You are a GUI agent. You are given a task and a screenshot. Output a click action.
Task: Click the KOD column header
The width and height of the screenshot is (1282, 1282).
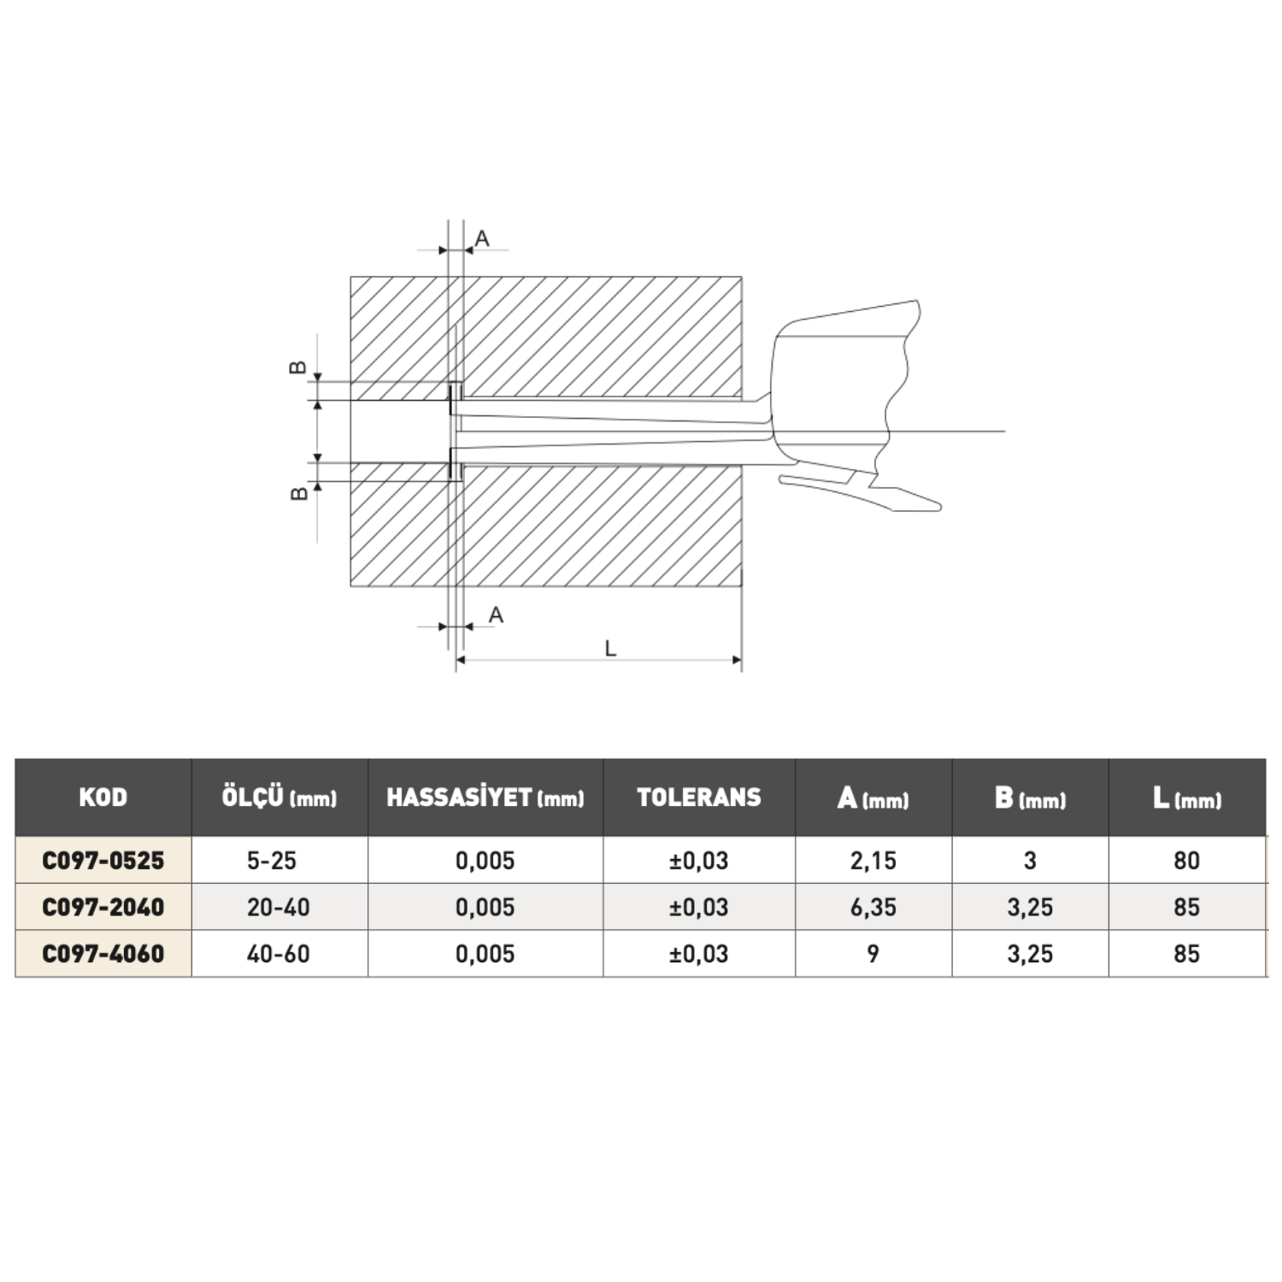coord(103,797)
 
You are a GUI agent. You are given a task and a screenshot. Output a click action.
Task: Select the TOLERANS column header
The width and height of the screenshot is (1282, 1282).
coord(699,797)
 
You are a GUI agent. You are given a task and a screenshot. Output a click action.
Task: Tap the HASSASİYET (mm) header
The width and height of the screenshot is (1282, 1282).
coord(485,797)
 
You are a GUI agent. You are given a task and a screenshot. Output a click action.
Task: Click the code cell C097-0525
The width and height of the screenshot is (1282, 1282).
coord(103,860)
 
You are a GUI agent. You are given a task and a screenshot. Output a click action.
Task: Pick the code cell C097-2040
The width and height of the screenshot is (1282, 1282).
coord(103,907)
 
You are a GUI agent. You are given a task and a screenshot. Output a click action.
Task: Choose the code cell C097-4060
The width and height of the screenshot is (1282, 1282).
coord(103,953)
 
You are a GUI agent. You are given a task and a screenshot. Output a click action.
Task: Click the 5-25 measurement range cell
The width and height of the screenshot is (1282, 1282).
coord(272,860)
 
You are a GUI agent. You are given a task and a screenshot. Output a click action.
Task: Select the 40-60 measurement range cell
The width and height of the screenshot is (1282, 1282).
coord(279,953)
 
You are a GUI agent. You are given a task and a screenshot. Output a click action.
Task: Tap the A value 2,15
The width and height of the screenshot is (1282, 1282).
coord(873,860)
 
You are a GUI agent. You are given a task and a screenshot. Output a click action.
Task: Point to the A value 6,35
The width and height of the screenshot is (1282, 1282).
coord(873,907)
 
